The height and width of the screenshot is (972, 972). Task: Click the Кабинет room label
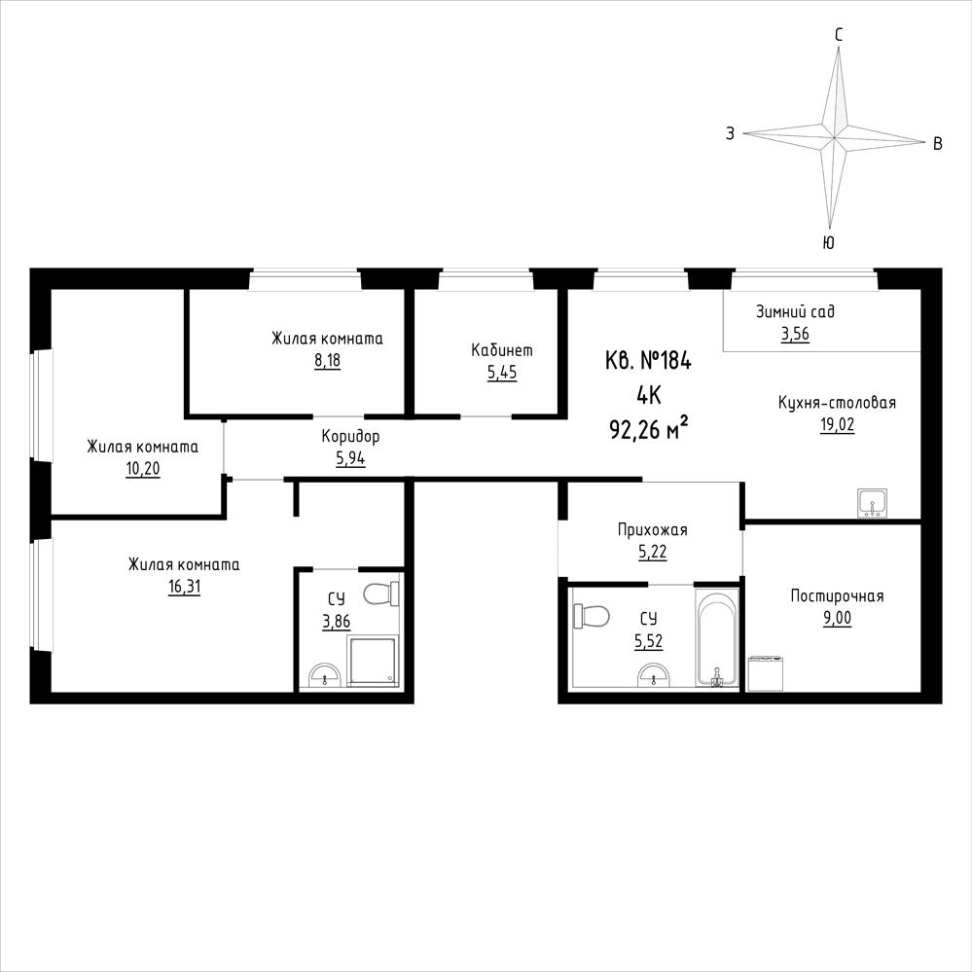click(x=501, y=350)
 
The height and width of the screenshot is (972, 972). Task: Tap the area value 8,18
click(x=327, y=361)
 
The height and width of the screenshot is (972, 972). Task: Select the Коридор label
click(x=350, y=437)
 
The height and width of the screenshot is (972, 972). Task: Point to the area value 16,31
click(x=184, y=587)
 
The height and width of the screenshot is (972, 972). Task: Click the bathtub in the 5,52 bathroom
click(x=717, y=636)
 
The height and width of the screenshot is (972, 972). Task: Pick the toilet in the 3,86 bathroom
click(x=380, y=594)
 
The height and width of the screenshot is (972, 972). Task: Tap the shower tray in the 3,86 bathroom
click(x=372, y=661)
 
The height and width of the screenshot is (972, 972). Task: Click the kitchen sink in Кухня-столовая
click(x=873, y=503)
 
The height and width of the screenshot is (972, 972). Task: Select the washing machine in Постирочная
click(x=765, y=673)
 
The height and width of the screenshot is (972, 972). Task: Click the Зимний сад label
click(x=795, y=311)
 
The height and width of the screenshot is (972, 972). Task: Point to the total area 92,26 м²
click(x=649, y=429)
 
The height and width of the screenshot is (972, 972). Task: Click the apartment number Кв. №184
click(x=648, y=360)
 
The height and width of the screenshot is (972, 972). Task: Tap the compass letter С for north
click(x=839, y=35)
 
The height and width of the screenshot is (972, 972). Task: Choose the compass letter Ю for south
click(x=828, y=242)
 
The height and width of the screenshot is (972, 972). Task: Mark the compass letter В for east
click(x=938, y=144)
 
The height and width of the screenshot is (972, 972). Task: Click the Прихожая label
click(x=652, y=530)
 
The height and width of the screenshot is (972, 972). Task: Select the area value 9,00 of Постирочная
click(x=837, y=619)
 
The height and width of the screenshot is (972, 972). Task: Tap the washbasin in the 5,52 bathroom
click(x=655, y=674)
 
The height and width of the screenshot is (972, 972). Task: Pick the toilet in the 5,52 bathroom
click(x=592, y=617)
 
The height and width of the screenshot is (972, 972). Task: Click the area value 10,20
click(x=143, y=469)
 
